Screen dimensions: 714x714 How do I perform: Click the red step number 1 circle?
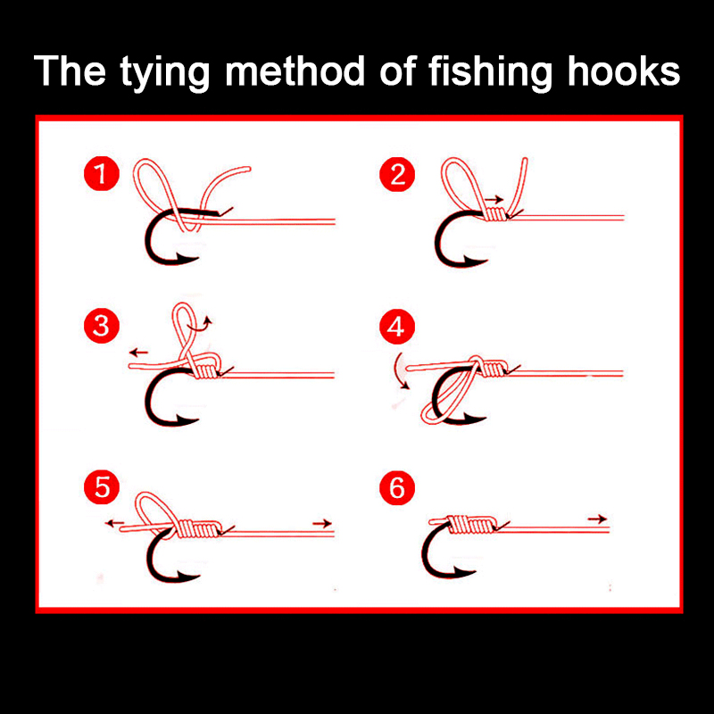tap(102, 173)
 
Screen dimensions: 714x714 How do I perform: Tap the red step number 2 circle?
tap(397, 174)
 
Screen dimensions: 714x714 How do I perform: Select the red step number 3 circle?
tap(102, 326)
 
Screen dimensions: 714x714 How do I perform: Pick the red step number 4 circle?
tap(397, 327)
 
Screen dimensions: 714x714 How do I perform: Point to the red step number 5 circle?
tap(102, 487)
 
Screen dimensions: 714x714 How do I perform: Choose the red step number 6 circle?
tap(397, 487)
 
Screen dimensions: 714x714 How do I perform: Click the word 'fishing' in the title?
tap(490, 71)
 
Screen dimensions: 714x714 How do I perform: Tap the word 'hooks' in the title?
tap(623, 71)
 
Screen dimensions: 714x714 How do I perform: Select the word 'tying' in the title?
tap(165, 73)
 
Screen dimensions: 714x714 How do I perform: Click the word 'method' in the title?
tap(295, 71)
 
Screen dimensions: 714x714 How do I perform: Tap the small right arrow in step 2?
tap(494, 199)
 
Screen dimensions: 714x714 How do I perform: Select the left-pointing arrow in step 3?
tap(139, 352)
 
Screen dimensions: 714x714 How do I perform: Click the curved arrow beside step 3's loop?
tap(203, 323)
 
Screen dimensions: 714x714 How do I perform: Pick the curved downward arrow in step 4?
tap(399, 371)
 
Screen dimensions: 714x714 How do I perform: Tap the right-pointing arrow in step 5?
tap(322, 524)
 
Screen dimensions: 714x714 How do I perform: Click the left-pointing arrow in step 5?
tap(115, 523)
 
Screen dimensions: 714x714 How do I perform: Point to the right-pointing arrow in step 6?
tap(597, 519)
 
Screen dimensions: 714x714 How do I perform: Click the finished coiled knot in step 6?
tap(470, 524)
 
